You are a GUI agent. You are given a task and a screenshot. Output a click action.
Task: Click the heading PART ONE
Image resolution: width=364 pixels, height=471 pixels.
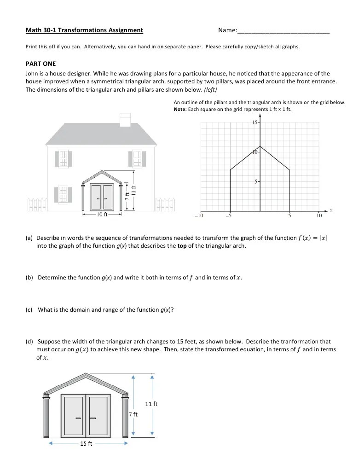(40, 64)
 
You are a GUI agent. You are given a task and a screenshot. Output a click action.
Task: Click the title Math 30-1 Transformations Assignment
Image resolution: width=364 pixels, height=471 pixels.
(84, 30)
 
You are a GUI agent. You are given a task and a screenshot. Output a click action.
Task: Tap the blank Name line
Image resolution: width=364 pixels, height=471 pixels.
(283, 31)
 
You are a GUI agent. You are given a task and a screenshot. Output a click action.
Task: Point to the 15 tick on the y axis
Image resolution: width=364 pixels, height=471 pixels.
(255, 122)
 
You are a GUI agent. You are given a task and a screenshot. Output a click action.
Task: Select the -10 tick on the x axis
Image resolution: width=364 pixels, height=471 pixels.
(199, 215)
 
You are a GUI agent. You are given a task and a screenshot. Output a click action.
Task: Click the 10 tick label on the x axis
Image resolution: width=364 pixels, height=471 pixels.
(319, 215)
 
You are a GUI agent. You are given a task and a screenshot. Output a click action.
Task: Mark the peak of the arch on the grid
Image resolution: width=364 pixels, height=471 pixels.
(260, 147)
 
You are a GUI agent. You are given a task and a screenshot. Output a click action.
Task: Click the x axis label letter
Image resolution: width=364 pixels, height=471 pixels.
(331, 210)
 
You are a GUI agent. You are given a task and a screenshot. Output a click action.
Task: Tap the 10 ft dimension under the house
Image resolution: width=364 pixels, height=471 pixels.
(102, 214)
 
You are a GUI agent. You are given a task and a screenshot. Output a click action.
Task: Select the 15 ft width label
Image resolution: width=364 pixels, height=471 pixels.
(86, 443)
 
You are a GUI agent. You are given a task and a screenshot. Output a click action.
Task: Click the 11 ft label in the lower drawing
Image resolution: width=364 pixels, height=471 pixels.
(151, 404)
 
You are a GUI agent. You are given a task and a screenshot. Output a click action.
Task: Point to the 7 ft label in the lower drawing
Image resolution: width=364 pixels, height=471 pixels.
(133, 414)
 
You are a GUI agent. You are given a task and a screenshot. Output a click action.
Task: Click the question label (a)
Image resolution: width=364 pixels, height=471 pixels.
(29, 238)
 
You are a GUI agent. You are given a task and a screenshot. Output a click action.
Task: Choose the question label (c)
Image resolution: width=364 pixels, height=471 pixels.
(29, 309)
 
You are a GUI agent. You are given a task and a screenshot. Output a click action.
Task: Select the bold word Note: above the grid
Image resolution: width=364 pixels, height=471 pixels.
(180, 110)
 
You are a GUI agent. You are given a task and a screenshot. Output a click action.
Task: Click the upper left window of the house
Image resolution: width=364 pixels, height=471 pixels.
(63, 158)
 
